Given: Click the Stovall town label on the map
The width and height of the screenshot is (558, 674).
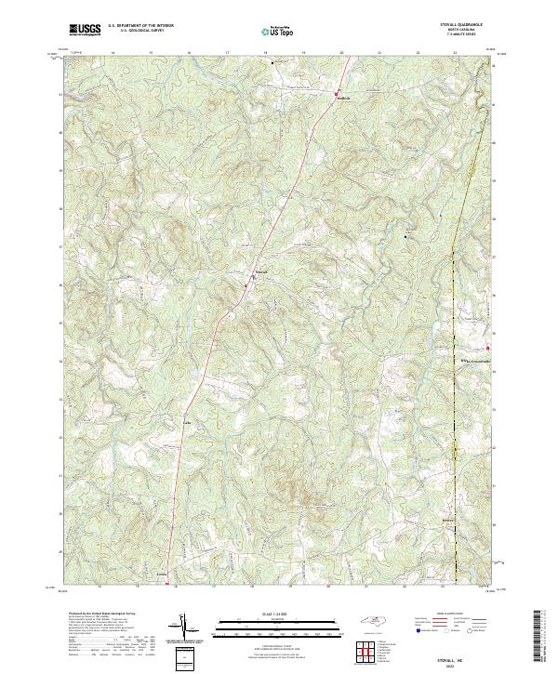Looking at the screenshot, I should [x=262, y=272].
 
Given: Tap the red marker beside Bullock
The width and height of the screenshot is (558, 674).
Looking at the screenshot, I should [x=336, y=93].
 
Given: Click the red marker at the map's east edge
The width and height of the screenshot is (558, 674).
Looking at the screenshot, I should [x=488, y=349].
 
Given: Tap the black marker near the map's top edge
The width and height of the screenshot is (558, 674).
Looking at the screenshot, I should [x=271, y=64].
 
